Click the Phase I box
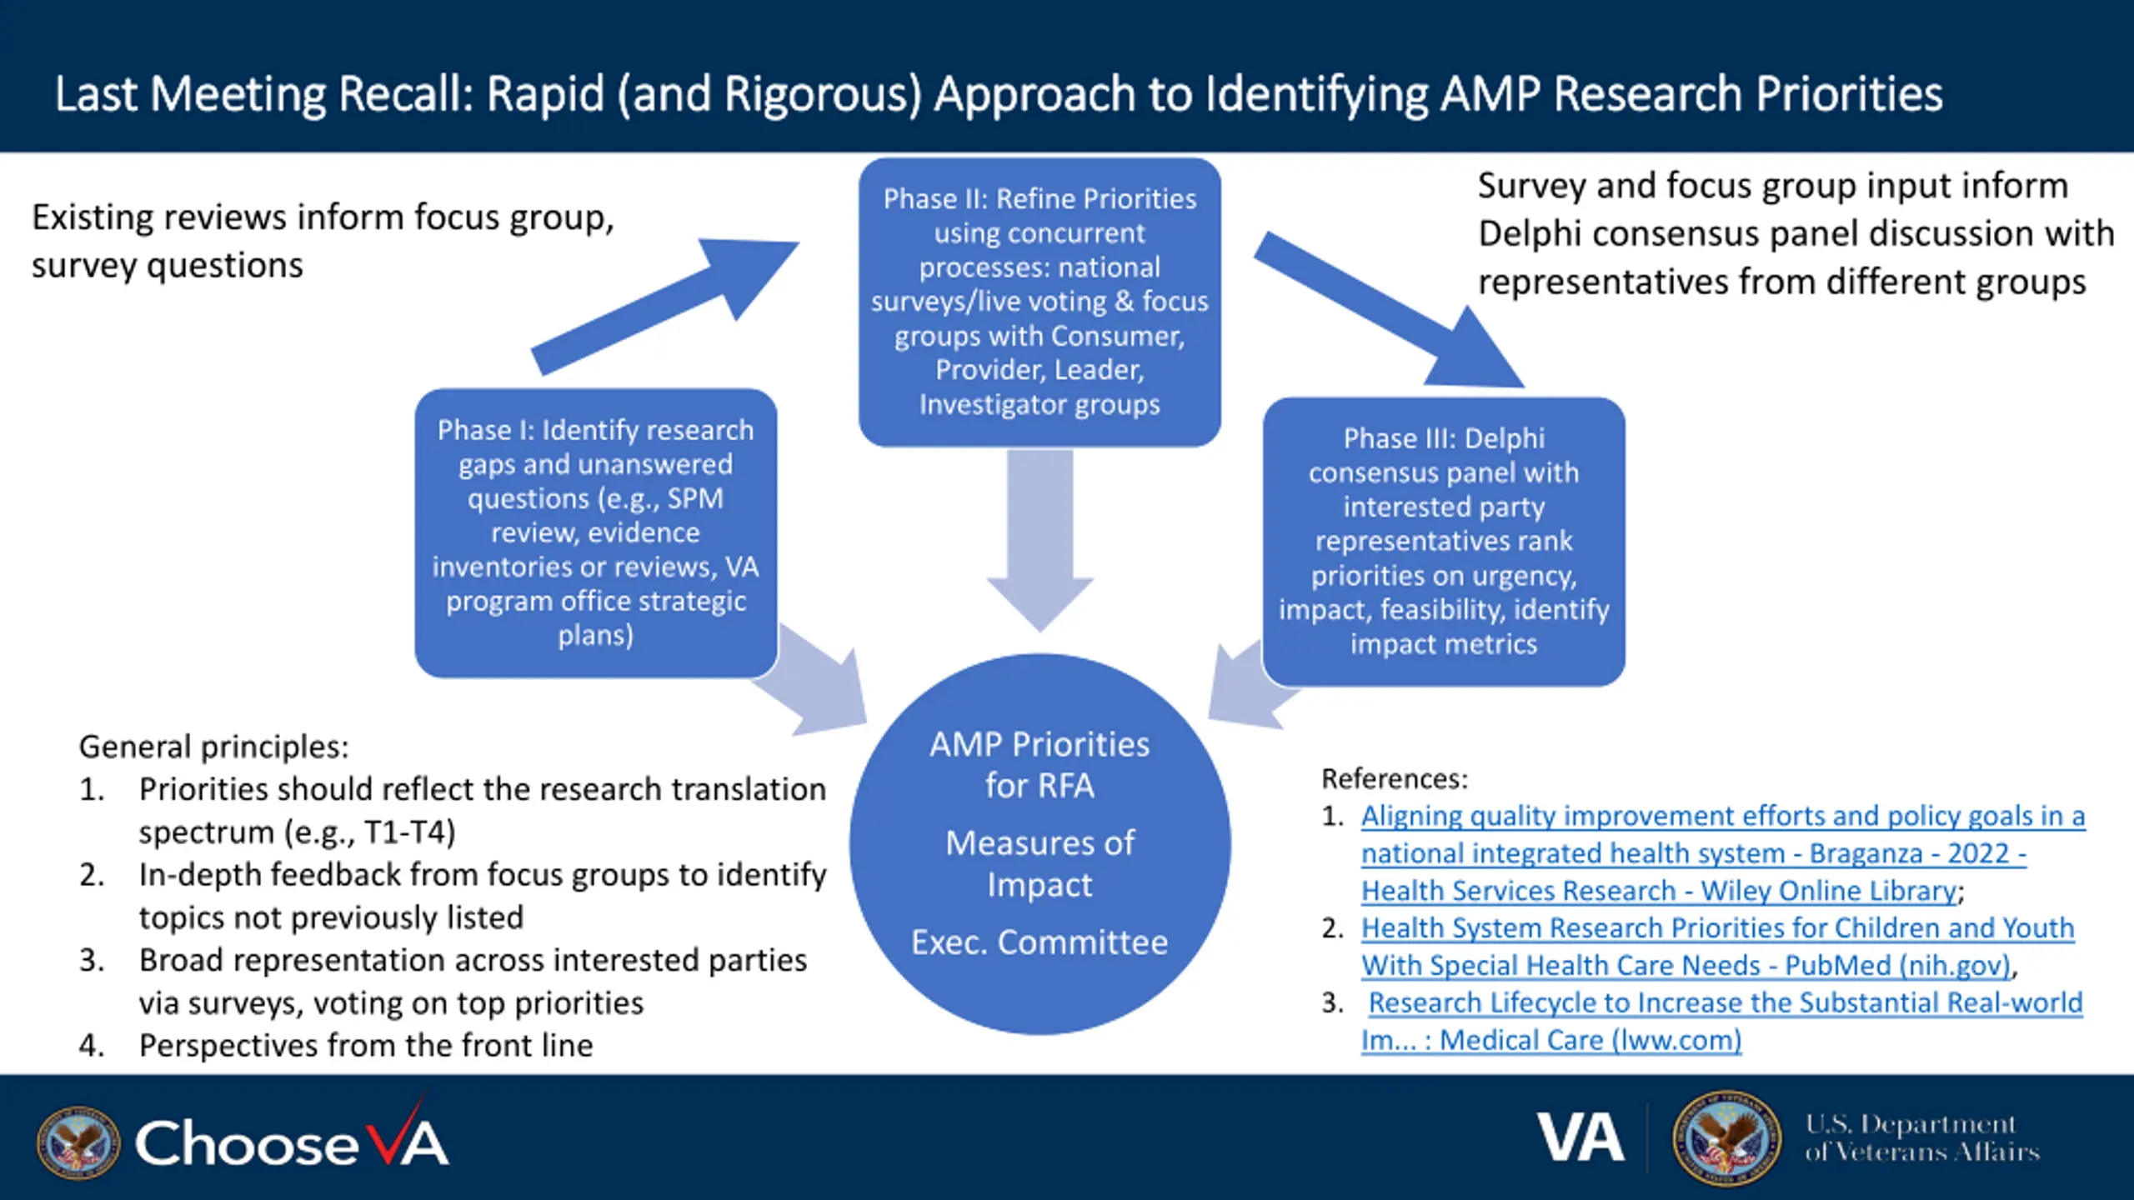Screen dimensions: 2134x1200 click(596, 532)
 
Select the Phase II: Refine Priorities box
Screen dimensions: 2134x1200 click(1039, 302)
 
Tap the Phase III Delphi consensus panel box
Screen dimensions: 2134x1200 click(1444, 542)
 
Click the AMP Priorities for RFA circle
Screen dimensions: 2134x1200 click(1039, 843)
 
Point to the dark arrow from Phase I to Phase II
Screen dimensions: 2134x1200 click(665, 307)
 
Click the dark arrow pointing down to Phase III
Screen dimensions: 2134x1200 click(1390, 309)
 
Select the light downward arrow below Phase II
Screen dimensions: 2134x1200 click(1039, 540)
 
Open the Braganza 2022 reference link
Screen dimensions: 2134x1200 click(1723, 852)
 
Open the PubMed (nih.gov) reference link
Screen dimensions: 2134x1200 click(1717, 946)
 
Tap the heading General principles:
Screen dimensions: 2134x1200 click(213, 747)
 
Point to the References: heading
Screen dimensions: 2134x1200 click(1395, 778)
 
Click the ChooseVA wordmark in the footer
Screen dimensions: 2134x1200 click(292, 1141)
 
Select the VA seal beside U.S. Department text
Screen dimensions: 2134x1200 click(1726, 1138)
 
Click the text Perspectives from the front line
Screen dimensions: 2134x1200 click(366, 1045)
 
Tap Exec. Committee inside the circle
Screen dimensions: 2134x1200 click(1039, 942)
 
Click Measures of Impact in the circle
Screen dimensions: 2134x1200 click(1039, 863)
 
